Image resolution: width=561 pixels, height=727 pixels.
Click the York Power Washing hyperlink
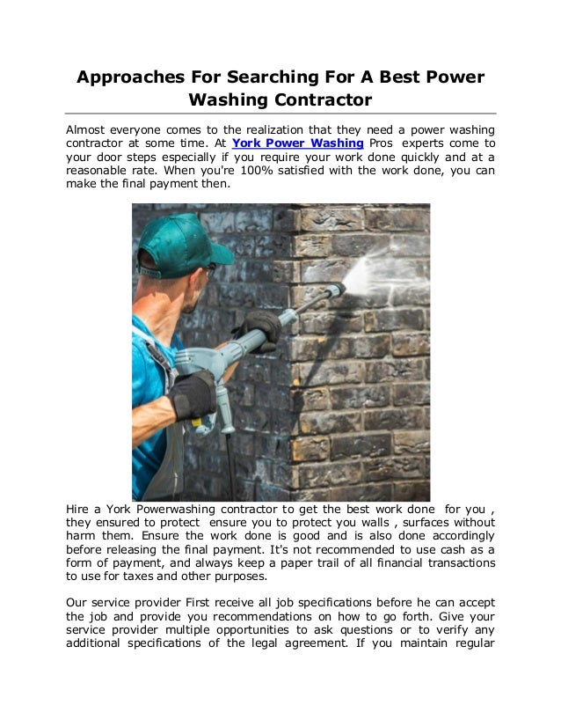click(298, 143)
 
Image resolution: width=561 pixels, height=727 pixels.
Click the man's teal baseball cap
click(180, 241)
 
